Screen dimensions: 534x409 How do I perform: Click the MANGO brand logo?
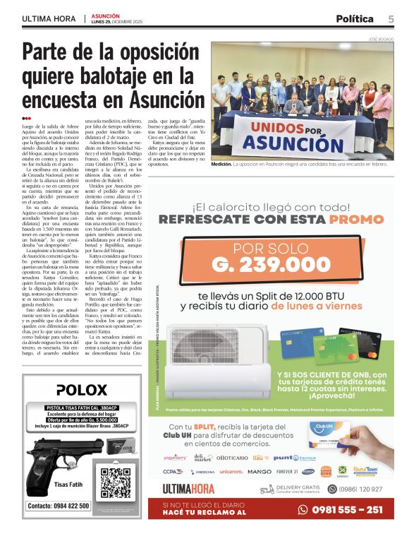point(260,471)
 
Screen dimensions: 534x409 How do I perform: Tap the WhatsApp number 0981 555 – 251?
point(346,510)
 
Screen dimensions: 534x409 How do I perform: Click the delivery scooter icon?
point(267,489)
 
